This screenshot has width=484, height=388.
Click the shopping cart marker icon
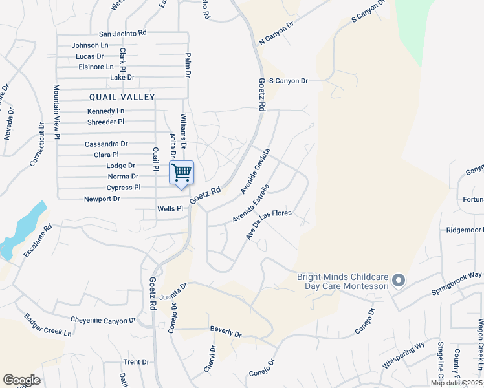[x=182, y=173]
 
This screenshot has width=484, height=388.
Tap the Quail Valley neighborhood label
[x=122, y=97]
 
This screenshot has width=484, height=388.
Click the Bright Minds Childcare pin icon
[x=398, y=281]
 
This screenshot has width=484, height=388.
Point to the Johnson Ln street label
[x=90, y=45]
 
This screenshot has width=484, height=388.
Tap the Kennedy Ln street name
[x=105, y=111]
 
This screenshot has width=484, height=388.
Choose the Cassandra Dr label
[x=106, y=144]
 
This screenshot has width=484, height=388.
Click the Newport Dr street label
[x=102, y=199]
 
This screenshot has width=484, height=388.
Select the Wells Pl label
[x=171, y=209]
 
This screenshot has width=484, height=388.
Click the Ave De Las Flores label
[x=269, y=224]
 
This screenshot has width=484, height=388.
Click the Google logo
[x=21, y=380]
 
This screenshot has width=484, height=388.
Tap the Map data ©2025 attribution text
[x=456, y=383]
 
